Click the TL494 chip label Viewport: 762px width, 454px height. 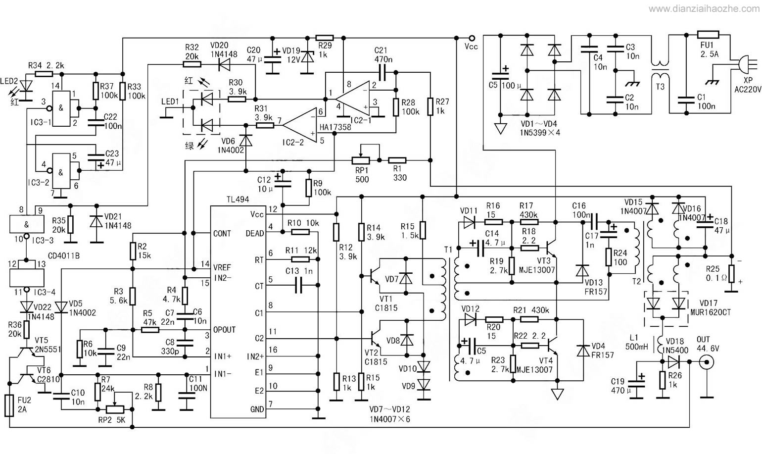[238, 200]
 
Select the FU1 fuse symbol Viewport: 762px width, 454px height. [708, 34]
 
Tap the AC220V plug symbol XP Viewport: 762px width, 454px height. [747, 65]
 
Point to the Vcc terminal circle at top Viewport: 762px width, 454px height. [472, 38]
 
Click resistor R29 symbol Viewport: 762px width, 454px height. [324, 38]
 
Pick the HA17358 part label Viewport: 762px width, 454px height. [335, 127]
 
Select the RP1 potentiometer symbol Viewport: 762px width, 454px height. [361, 160]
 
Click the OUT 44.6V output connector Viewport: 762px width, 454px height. [706, 362]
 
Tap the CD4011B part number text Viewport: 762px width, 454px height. [64, 255]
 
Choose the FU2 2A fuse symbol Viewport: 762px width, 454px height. [9, 405]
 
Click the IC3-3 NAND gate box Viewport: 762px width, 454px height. [27, 224]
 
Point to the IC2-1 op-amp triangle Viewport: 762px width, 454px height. [352, 99]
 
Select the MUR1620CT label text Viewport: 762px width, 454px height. [711, 312]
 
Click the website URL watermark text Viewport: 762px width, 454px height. [704, 9]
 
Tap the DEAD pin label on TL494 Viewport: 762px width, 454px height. [255, 234]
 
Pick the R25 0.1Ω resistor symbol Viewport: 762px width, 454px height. [731, 274]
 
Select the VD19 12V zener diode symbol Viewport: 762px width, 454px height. [308, 56]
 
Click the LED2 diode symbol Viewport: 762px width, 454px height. [26, 86]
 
